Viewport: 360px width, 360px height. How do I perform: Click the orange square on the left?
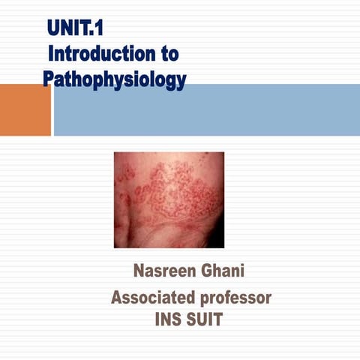click(x=25, y=109)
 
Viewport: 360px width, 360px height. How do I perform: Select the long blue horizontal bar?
click(x=207, y=109)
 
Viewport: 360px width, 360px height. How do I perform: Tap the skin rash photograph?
click(x=169, y=199)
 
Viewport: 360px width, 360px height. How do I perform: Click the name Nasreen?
click(x=159, y=271)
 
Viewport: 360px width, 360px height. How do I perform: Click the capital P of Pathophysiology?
click(x=49, y=79)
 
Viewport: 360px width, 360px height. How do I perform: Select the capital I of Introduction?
click(x=51, y=54)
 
